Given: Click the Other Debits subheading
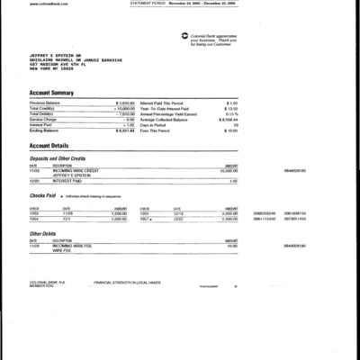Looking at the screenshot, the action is coord(44,232).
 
